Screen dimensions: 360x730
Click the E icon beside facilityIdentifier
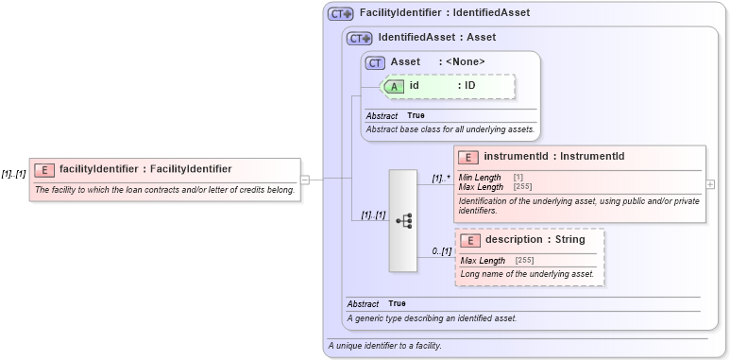[x=43, y=169]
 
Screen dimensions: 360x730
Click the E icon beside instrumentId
[x=467, y=157]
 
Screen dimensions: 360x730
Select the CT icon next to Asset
[x=376, y=62]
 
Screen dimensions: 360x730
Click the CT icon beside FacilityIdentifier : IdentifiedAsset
[x=340, y=14]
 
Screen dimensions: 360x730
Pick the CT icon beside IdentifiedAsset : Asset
[x=360, y=39]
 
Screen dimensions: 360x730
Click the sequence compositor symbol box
[x=403, y=220]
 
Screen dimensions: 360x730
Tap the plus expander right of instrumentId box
[x=710, y=184]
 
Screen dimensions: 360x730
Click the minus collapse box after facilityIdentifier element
[x=305, y=179]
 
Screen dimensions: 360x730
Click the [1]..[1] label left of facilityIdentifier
[x=13, y=174]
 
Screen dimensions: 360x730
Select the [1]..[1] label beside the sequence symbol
[x=373, y=214]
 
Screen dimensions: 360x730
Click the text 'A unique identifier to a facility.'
[x=384, y=346]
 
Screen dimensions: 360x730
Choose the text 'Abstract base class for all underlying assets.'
[x=450, y=129]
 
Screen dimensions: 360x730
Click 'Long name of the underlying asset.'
[x=527, y=274]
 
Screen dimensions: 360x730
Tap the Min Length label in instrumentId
[x=480, y=178]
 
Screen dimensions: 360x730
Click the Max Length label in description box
[x=483, y=261]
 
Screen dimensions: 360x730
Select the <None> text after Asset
[x=465, y=62]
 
